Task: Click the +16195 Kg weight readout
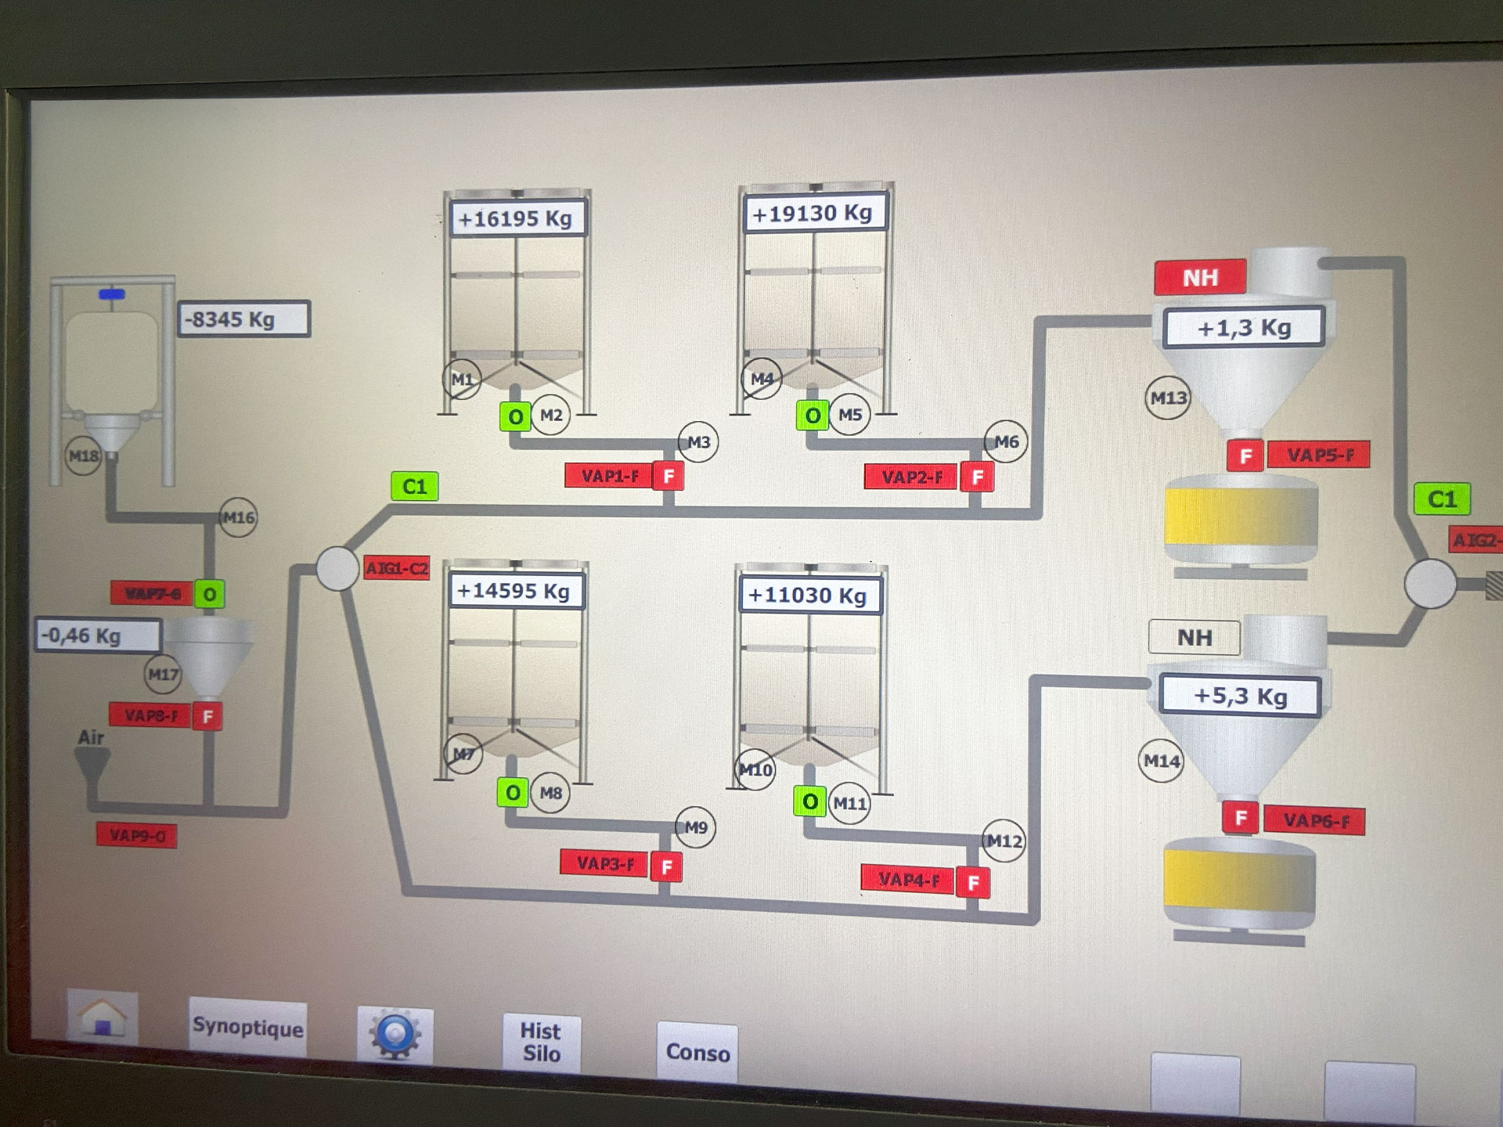point(516,218)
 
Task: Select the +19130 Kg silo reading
point(813,213)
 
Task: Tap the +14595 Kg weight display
point(514,591)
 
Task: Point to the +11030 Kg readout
point(808,596)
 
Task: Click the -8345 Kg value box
point(243,319)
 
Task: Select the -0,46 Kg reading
point(97,636)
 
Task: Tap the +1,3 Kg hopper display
point(1243,327)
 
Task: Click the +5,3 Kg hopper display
point(1240,696)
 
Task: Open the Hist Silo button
point(541,1042)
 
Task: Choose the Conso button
point(697,1053)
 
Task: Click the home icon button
point(103,1018)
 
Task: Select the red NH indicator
point(1199,278)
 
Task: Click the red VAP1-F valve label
point(610,476)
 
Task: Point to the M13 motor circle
point(1168,398)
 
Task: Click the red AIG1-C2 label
point(397,568)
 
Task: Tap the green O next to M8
point(513,793)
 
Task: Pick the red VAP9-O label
point(137,836)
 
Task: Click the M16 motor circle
point(238,517)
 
